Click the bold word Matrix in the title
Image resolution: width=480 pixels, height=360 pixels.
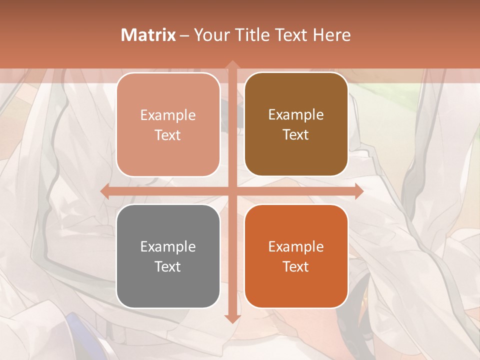pyautogui.click(x=148, y=35)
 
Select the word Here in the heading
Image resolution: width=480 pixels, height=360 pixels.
pyautogui.click(x=331, y=35)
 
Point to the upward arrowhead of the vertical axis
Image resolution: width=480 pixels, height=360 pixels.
pyautogui.click(x=232, y=64)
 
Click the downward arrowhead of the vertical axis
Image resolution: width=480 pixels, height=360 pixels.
pyautogui.click(x=232, y=319)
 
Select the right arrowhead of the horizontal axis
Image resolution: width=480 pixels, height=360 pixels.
pyautogui.click(x=358, y=191)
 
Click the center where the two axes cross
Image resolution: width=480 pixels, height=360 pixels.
pyautogui.click(x=232, y=191)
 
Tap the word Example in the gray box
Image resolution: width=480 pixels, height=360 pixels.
pyautogui.click(x=168, y=246)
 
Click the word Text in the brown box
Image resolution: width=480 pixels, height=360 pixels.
pyautogui.click(x=296, y=135)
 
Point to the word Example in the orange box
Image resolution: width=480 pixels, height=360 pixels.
pyautogui.click(x=296, y=246)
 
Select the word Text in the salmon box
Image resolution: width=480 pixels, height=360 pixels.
pyautogui.click(x=168, y=135)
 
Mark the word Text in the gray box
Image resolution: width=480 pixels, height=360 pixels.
pyautogui.click(x=168, y=267)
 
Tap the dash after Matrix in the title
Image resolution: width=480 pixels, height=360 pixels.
pyautogui.click(x=184, y=35)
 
